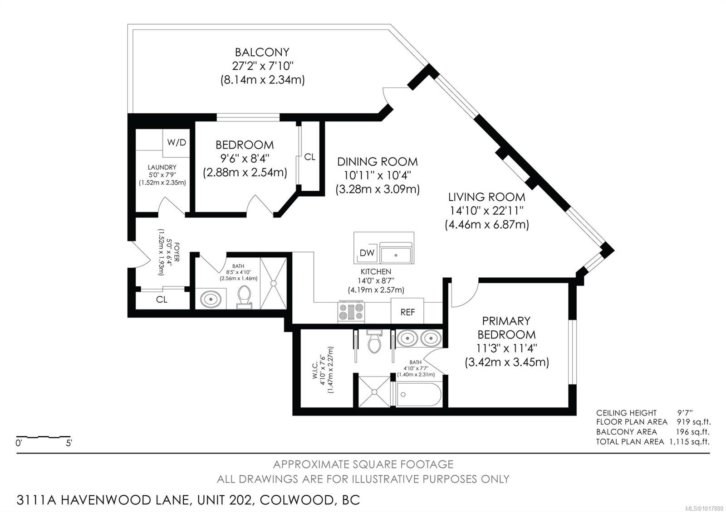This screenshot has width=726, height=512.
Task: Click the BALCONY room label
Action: [262, 52]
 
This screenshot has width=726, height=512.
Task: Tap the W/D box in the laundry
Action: [176, 143]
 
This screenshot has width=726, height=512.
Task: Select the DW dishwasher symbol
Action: [367, 253]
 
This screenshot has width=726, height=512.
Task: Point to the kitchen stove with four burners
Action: [351, 312]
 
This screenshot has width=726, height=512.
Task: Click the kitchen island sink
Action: [396, 253]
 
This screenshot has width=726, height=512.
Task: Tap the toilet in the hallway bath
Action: [244, 297]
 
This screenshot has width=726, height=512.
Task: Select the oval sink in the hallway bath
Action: [211, 299]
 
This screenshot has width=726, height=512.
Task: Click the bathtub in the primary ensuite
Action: [417, 395]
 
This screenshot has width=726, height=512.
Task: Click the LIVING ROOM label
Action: [486, 197]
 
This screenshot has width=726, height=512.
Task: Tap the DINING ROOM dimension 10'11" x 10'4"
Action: [377, 175]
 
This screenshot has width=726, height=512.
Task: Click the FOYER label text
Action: [177, 252]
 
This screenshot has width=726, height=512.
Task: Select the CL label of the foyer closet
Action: [162, 299]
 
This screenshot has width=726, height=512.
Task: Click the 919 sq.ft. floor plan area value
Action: [694, 422]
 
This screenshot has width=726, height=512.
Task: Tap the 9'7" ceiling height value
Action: [685, 413]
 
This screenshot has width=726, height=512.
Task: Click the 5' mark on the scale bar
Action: [69, 443]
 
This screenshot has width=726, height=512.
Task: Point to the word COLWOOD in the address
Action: [297, 500]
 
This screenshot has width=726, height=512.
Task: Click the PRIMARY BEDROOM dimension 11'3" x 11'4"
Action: [506, 348]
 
